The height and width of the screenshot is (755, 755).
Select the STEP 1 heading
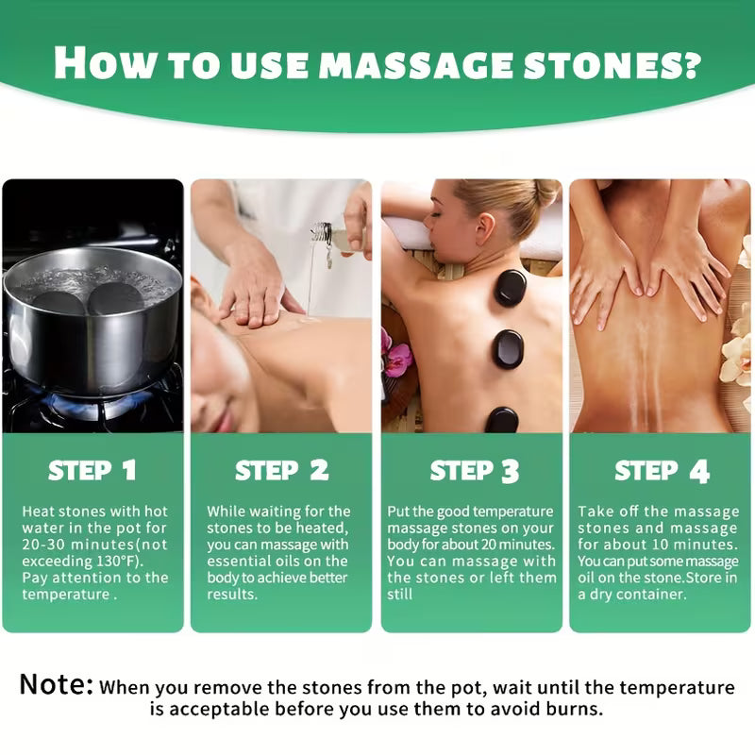(x=92, y=470)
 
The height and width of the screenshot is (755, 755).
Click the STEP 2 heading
(x=281, y=470)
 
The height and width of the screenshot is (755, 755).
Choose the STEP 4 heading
(x=661, y=470)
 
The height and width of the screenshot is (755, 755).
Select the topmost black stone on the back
(x=511, y=288)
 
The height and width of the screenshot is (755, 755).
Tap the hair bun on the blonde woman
(x=545, y=193)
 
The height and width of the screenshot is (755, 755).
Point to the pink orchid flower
(x=396, y=357)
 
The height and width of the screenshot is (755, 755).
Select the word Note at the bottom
(x=56, y=684)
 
